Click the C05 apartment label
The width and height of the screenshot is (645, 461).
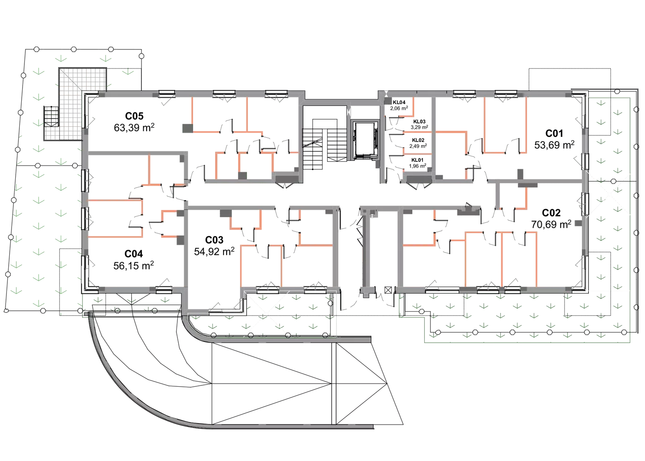pyautogui.click(x=134, y=116)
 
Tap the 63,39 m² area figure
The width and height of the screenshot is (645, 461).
pyautogui.click(x=134, y=128)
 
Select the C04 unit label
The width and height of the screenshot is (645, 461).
pyautogui.click(x=133, y=254)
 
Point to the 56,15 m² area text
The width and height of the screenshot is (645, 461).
pyautogui.click(x=133, y=266)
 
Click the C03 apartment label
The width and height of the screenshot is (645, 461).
pyautogui.click(x=214, y=240)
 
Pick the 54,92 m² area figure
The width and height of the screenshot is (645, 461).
pyautogui.click(x=214, y=252)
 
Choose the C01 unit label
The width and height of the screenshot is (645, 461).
pyautogui.click(x=554, y=133)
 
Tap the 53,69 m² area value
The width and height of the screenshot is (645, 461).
pyautogui.click(x=554, y=145)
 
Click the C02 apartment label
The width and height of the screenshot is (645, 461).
pyautogui.click(x=551, y=213)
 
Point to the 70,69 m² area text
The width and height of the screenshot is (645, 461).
pyautogui.click(x=551, y=225)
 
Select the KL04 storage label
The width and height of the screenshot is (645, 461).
pyautogui.click(x=399, y=102)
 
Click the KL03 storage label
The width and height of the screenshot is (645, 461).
pyautogui.click(x=419, y=122)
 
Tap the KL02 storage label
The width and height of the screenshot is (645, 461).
pyautogui.click(x=418, y=140)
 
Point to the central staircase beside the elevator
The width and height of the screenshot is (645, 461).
pyautogui.click(x=324, y=144)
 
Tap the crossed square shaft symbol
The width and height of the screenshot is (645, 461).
pyautogui.click(x=388, y=290)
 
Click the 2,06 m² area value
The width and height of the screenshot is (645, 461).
pyautogui.click(x=399, y=109)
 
